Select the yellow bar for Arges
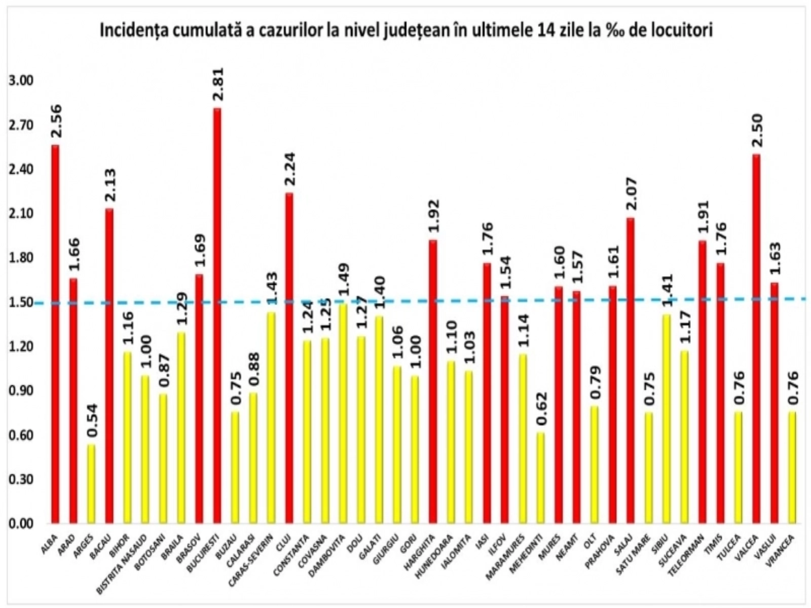point(91,484)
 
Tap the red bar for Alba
point(55,334)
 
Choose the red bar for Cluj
point(289,358)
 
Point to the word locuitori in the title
point(684,31)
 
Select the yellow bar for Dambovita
point(343,413)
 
